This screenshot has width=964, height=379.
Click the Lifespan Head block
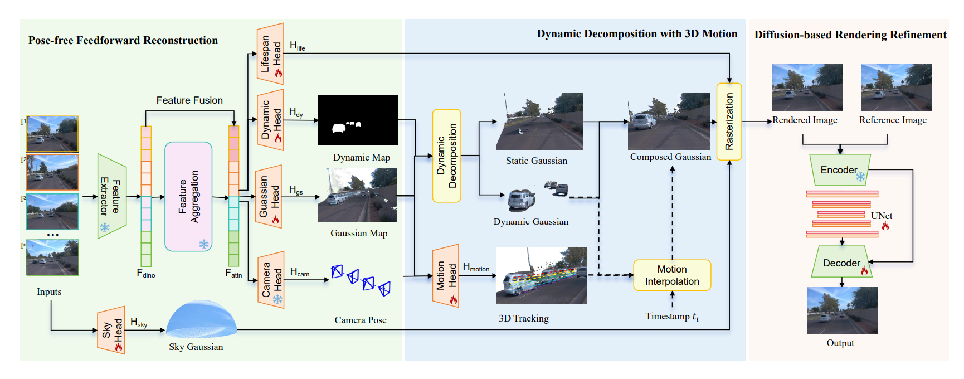[x=270, y=54]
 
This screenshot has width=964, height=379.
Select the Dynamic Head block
[x=270, y=120]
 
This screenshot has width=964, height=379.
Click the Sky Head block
[x=111, y=331]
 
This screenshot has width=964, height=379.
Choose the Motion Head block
[x=446, y=276]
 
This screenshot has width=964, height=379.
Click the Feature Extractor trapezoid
[x=111, y=196]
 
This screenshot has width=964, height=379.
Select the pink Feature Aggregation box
[x=188, y=196]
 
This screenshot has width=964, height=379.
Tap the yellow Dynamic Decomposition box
[x=446, y=156]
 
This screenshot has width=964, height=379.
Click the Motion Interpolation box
[x=672, y=275]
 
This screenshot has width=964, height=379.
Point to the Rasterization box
[x=729, y=122]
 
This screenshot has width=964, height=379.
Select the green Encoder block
[x=840, y=170]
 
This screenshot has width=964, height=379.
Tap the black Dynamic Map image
[x=358, y=120]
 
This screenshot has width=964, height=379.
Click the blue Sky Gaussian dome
[x=201, y=320]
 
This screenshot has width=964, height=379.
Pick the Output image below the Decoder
[x=842, y=310]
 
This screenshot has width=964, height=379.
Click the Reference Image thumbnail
[x=895, y=87]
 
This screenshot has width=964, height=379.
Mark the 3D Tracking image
[x=541, y=275]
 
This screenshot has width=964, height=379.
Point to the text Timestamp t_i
[x=672, y=317]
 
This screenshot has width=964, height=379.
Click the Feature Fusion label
[x=189, y=100]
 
